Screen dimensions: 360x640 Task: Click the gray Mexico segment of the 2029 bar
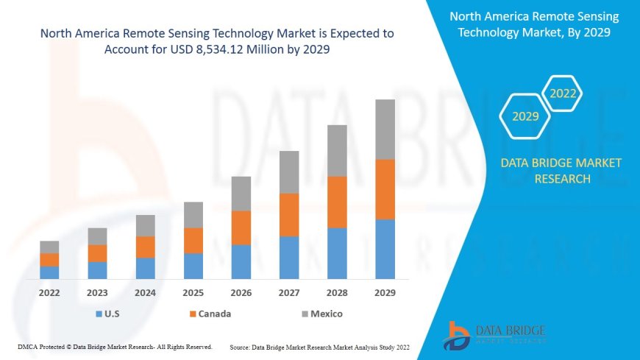point(385,130)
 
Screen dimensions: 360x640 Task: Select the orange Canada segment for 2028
point(337,202)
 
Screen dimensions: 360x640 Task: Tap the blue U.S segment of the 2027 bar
point(289,257)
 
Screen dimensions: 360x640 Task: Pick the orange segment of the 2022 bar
point(49,259)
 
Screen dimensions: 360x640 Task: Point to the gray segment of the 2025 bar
point(193,214)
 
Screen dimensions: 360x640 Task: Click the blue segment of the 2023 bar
point(97,270)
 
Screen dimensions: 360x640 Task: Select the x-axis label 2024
point(145,292)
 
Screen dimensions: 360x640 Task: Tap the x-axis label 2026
point(241,292)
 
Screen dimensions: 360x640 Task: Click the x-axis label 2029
point(385,292)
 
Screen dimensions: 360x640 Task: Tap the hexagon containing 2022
point(563,93)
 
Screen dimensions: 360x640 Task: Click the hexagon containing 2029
point(525,116)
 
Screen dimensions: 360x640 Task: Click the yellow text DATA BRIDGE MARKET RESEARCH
point(561,171)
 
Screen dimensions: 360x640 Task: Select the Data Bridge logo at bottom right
point(494,335)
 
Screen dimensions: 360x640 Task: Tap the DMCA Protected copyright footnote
point(115,346)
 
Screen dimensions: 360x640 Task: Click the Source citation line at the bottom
point(319,346)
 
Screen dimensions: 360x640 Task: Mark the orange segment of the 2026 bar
point(241,227)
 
